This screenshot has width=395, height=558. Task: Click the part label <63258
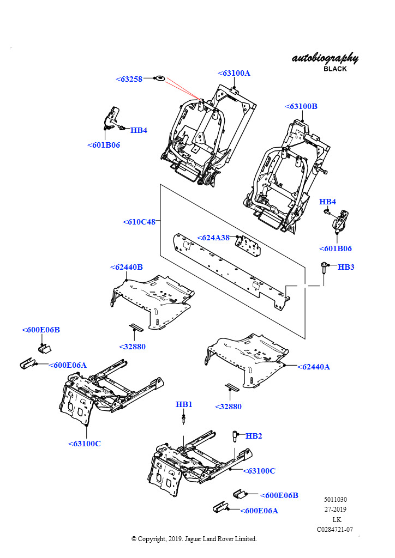pyautogui.click(x=129, y=79)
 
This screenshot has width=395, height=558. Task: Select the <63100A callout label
pyautogui.click(x=234, y=73)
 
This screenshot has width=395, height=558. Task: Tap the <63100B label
pyautogui.click(x=301, y=106)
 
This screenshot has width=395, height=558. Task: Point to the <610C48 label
pyautogui.click(x=139, y=222)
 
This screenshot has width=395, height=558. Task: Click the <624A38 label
pyautogui.click(x=213, y=238)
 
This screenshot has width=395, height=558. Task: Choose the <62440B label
pyautogui.click(x=127, y=267)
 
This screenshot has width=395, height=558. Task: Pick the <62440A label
pyautogui.click(x=313, y=367)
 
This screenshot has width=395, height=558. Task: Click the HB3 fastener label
pyautogui.click(x=346, y=267)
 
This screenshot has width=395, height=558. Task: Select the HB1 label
pyautogui.click(x=184, y=404)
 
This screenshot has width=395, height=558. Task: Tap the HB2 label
pyautogui.click(x=254, y=436)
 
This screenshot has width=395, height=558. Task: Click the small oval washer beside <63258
pyautogui.click(x=160, y=78)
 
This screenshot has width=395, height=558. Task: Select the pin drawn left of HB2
pyautogui.click(x=235, y=436)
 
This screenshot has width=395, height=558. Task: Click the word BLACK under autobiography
pyautogui.click(x=335, y=69)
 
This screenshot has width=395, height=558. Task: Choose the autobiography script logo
pyautogui.click(x=325, y=58)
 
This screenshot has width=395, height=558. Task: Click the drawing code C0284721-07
pyautogui.click(x=335, y=529)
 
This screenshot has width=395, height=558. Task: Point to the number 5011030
pyautogui.click(x=335, y=499)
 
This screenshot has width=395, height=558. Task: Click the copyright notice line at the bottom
pyautogui.click(x=194, y=539)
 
